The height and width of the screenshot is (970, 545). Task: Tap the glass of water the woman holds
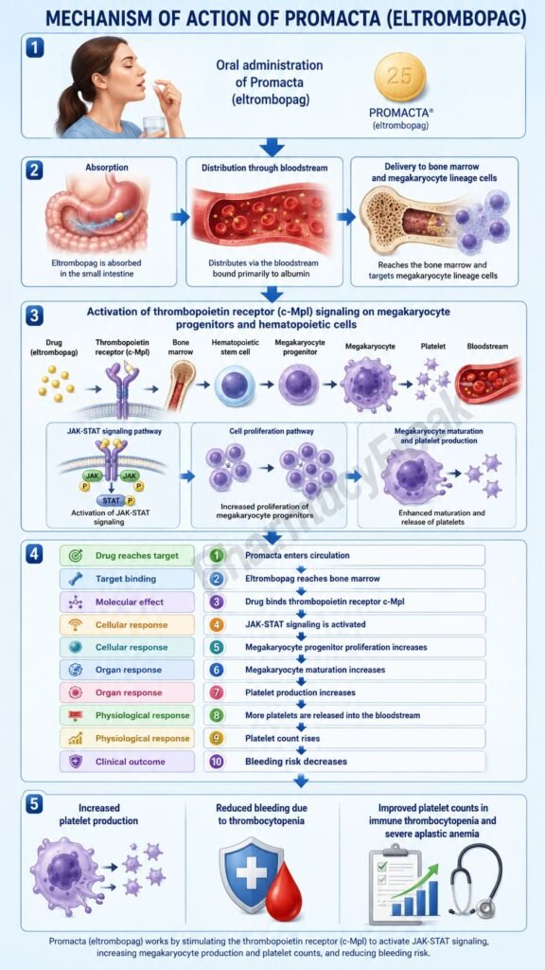tap(153, 125)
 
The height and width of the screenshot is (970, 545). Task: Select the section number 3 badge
tap(35, 314)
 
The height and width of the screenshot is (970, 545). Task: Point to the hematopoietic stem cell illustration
tap(235, 385)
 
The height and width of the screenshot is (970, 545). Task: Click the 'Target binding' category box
tap(127, 579)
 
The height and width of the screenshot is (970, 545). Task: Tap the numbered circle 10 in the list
tap(216, 762)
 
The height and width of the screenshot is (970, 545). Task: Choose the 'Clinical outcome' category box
tap(127, 762)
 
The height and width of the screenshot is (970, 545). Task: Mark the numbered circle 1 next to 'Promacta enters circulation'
tap(216, 555)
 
